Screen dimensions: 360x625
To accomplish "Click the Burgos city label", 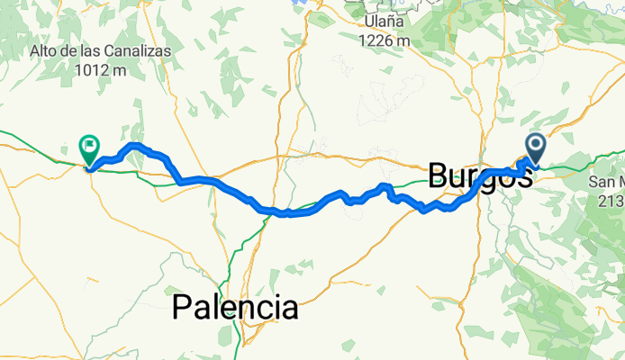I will pos(480,175).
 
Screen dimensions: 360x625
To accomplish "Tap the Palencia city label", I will pos(235,309).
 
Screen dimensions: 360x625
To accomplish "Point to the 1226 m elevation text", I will pos(385,40).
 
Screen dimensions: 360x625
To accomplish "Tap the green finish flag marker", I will pos(90,147).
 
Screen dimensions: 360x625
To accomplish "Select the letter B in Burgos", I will pos(439,175).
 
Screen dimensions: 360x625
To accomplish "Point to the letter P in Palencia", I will pos(181,309).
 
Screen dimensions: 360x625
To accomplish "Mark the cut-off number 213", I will pos(611,200).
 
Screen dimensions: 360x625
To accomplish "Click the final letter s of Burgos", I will pos(521,175).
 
